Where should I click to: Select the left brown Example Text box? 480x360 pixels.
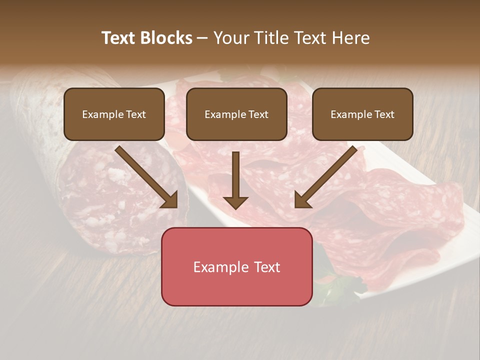tap(114, 114)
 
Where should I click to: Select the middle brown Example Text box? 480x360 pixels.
tap(236, 114)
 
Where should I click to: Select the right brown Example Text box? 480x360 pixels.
tap(362, 114)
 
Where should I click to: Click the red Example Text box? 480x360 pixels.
tap(236, 267)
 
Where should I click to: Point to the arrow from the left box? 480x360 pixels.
tap(145, 175)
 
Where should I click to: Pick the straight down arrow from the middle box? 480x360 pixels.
tap(235, 177)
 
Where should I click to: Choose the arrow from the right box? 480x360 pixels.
tap(327, 175)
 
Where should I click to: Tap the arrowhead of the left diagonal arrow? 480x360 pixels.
tap(170, 200)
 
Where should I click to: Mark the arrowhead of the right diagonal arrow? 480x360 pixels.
tap(302, 200)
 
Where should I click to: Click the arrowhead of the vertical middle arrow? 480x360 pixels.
tap(235, 202)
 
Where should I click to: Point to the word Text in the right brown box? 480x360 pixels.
tap(384, 114)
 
